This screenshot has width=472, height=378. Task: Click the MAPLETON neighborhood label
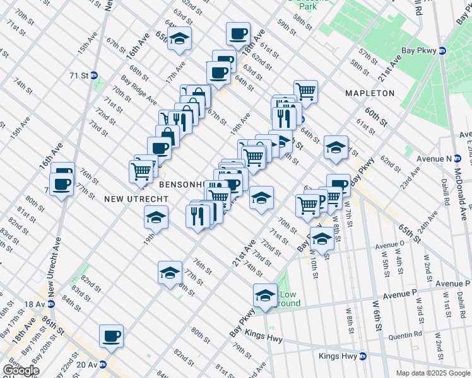click(370, 93)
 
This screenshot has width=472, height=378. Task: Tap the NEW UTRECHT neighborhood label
click(136, 198)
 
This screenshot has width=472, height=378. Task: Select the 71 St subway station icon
click(95, 75)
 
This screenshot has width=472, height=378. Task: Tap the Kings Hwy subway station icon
click(363, 357)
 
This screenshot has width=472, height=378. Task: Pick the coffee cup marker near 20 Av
click(112, 336)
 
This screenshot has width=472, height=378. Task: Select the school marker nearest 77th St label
click(170, 273)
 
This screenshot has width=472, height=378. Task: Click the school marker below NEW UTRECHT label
click(155, 218)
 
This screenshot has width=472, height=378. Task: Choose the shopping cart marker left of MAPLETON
click(306, 91)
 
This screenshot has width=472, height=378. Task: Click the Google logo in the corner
click(21, 370)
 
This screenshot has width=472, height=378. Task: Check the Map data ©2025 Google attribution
click(433, 373)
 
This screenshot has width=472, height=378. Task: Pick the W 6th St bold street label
click(378, 318)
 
